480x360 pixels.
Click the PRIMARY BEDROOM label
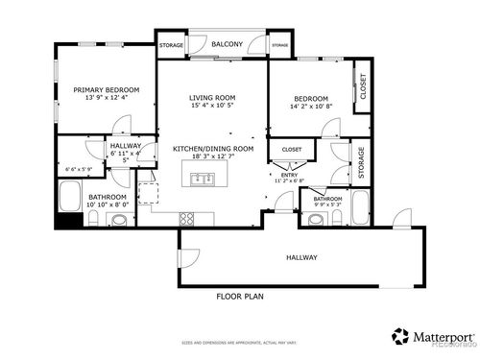[x=107, y=90]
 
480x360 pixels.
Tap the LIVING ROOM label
[x=212, y=96]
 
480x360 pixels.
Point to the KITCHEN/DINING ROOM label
[x=212, y=149]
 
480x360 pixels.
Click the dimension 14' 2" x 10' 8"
[x=312, y=108]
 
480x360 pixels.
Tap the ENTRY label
[x=289, y=174]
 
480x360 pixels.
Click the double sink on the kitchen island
[x=203, y=178]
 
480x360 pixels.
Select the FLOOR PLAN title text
[x=239, y=297]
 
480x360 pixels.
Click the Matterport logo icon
[x=399, y=336]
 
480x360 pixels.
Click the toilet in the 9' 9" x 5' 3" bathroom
[x=314, y=218]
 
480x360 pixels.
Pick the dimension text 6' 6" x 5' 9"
[x=79, y=170]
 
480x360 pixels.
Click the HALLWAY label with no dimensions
[x=302, y=257]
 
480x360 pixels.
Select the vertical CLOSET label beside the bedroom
[x=362, y=86]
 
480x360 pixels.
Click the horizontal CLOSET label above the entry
[x=292, y=150]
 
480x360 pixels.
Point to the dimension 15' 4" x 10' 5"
[x=212, y=106]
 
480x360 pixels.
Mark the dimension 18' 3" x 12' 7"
[x=212, y=158]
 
